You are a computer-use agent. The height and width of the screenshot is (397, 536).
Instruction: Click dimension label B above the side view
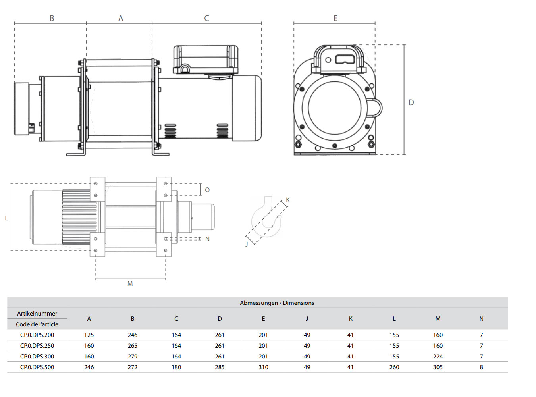pos(52,18)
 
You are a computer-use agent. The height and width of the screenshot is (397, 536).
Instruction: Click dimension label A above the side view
pos(121,18)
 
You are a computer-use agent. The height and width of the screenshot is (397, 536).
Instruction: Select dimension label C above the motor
pos(206,18)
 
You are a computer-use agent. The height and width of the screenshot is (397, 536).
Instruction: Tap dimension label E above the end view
pos(335,18)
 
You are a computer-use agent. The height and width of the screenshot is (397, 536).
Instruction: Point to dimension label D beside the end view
pos(411,102)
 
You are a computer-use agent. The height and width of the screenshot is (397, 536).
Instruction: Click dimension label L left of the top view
pos(6,218)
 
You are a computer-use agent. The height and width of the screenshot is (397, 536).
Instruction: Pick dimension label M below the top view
pos(130,284)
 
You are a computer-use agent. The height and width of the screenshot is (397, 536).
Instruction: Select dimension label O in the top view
pos(207,190)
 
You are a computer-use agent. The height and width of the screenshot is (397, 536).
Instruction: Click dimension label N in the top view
pos(207,239)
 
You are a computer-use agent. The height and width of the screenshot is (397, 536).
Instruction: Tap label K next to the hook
pos(288,200)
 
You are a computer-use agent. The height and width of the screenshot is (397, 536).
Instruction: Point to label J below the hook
pos(247,244)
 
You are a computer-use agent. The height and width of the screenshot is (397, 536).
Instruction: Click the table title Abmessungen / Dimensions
pos(277,303)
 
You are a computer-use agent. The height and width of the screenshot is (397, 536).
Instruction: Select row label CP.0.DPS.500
pos(37,367)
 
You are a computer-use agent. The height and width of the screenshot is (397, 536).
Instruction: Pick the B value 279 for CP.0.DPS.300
pos(133,357)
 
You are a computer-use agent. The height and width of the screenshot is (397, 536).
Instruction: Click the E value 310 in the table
pos(263,367)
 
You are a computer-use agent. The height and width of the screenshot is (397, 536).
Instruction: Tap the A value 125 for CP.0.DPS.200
pos(89,335)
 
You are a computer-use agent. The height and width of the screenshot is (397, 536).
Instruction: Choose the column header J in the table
pos(307,319)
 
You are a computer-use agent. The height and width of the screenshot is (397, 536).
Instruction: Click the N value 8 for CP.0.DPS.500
pos(481,367)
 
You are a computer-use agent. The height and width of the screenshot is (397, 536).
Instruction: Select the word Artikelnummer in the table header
pos(37,314)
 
